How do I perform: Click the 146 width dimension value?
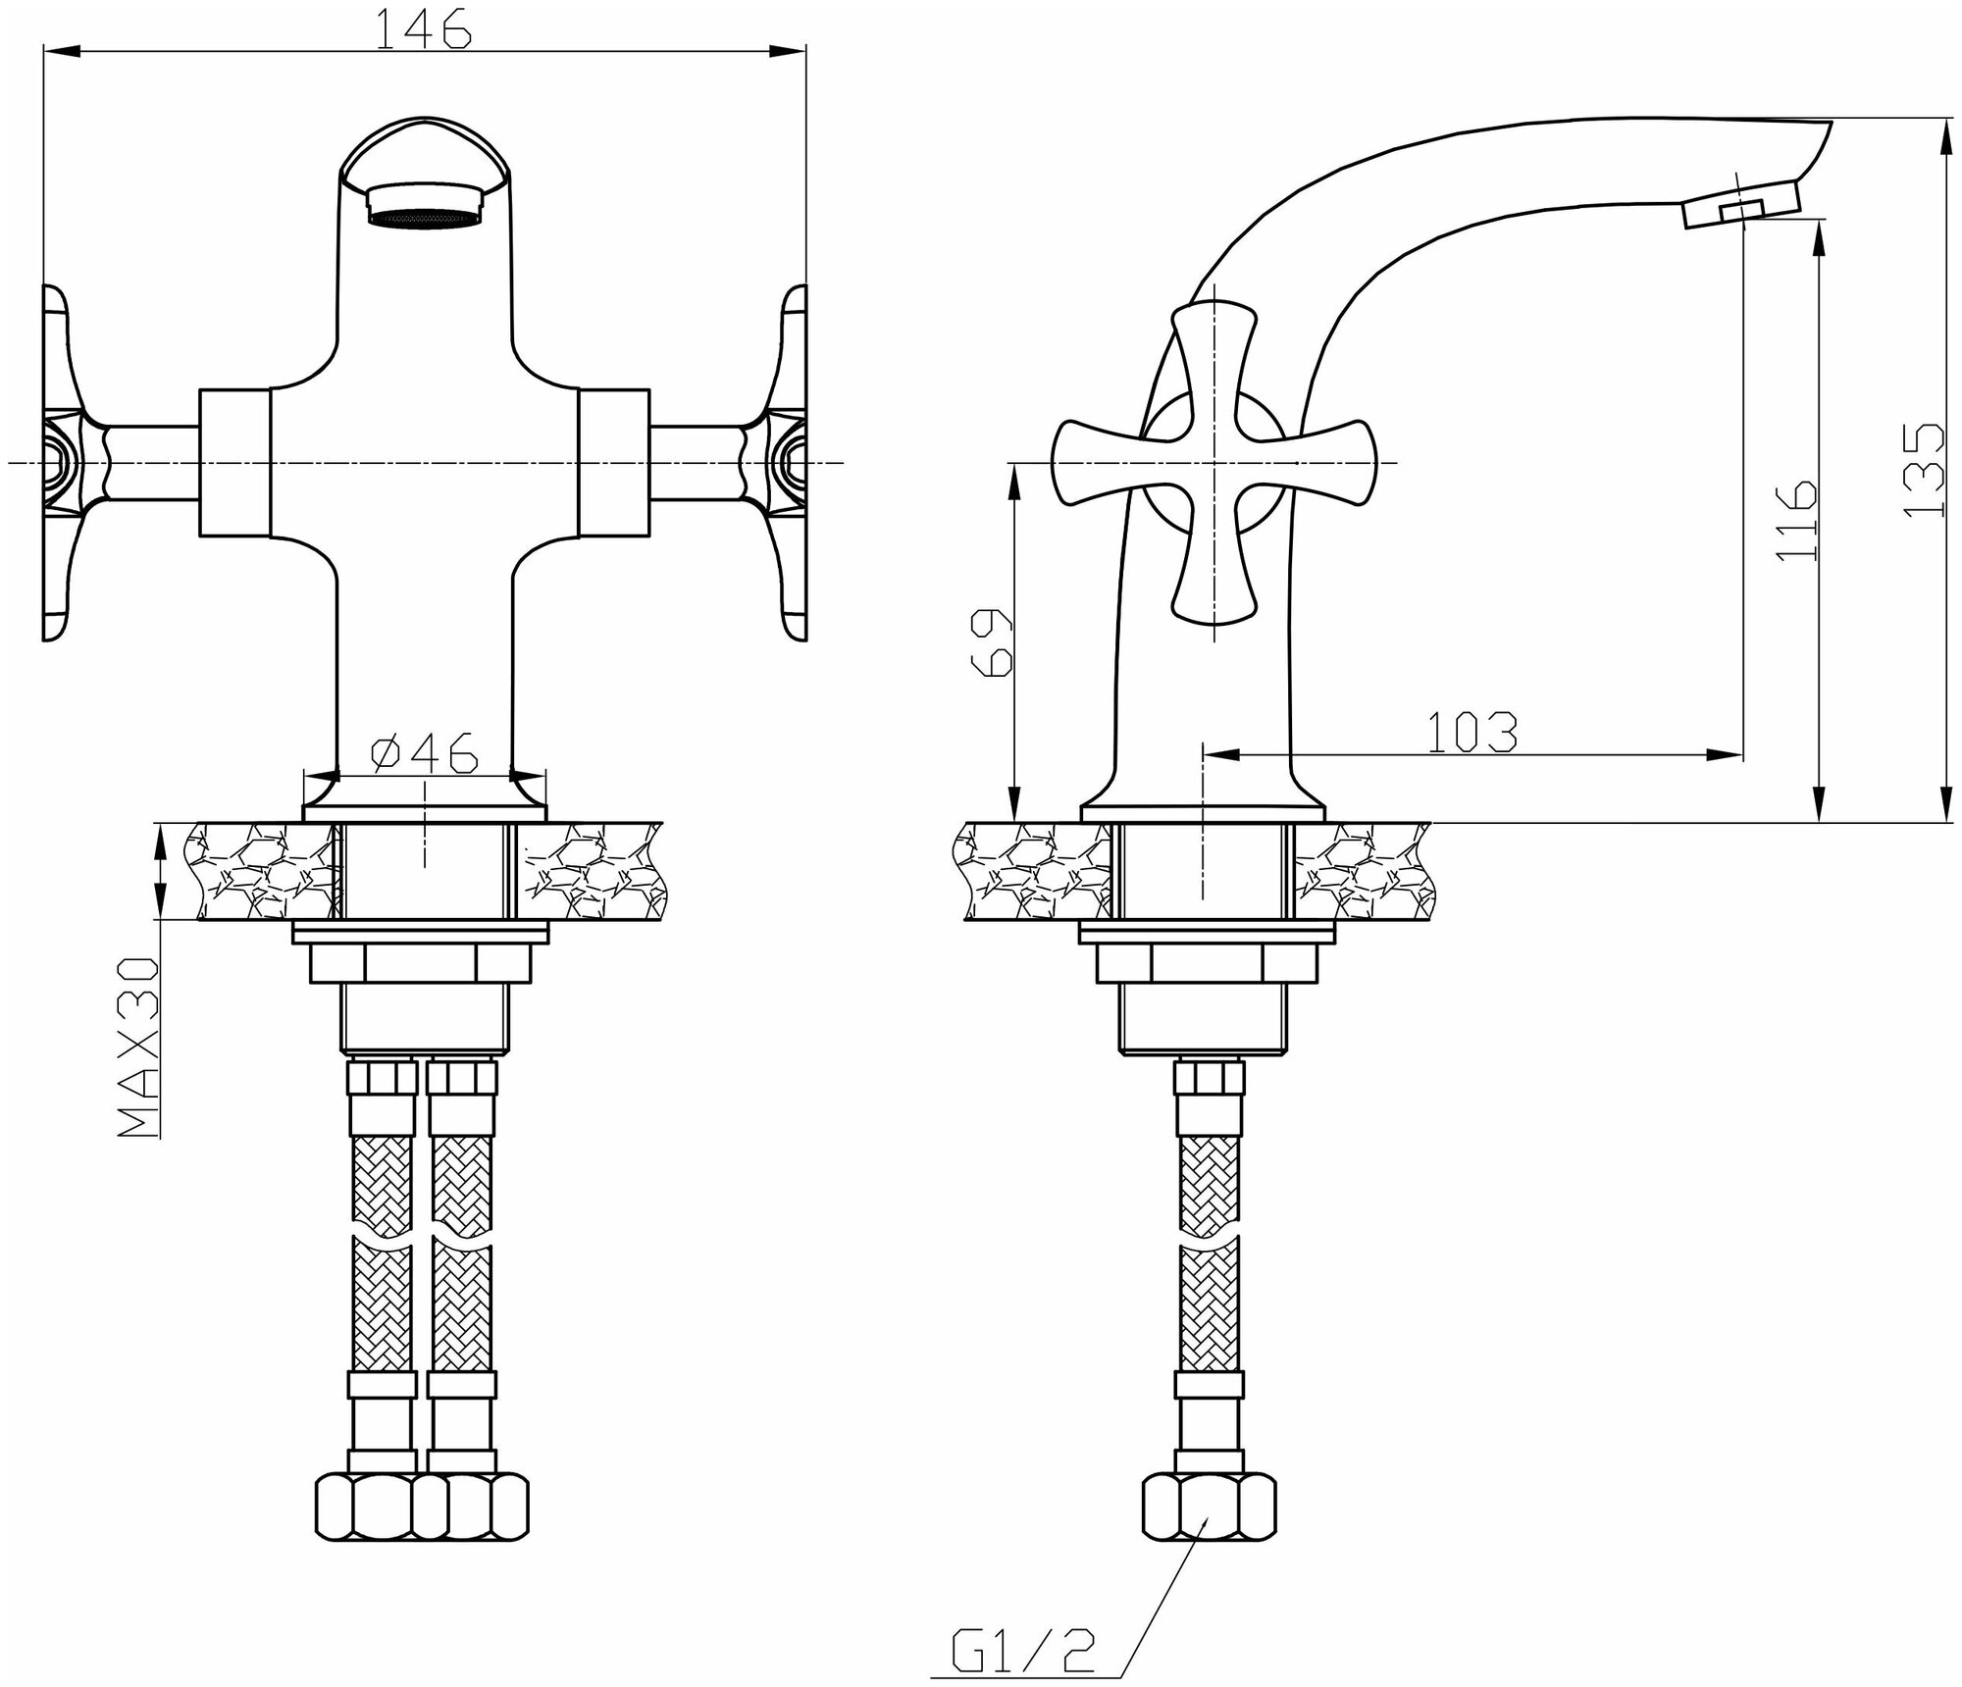[425, 29]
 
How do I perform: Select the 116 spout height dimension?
[1796, 520]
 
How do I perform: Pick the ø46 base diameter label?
[424, 753]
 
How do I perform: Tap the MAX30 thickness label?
[137, 1047]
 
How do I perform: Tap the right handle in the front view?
[790, 463]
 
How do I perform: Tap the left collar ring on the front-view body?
[234, 463]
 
